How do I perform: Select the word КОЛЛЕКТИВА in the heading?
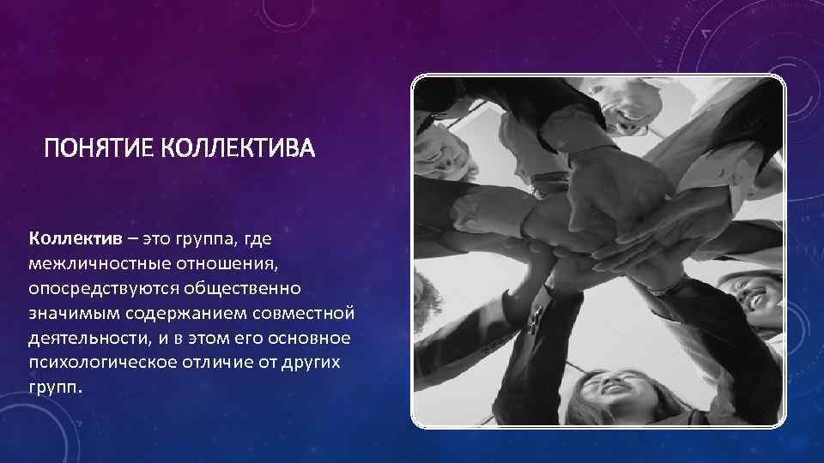(239, 151)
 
